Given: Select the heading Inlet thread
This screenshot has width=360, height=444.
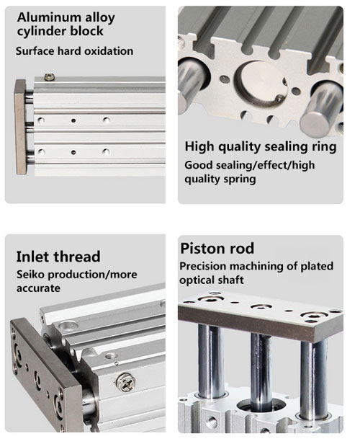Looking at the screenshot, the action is (x=58, y=257).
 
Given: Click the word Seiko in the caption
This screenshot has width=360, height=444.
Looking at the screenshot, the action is (x=30, y=274).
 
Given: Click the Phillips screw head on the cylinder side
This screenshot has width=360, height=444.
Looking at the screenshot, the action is (x=126, y=382).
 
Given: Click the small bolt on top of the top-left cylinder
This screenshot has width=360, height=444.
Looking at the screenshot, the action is (x=50, y=76).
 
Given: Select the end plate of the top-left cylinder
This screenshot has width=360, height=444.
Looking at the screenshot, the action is (x=21, y=127).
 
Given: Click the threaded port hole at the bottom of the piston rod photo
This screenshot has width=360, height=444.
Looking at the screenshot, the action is (x=212, y=422).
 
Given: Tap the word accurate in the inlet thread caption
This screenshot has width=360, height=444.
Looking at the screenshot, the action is (x=38, y=288).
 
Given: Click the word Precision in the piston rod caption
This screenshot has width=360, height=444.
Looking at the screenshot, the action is (x=203, y=266).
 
